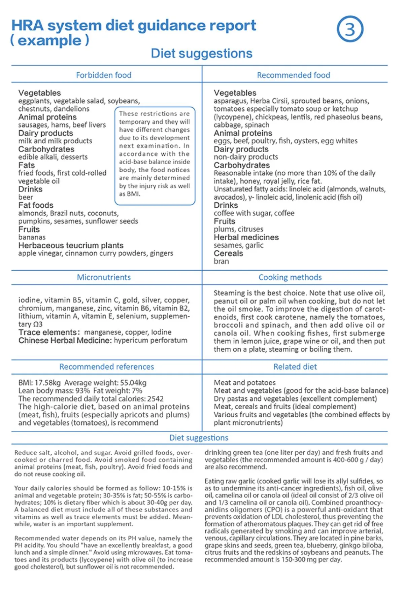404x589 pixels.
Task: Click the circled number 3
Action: coord(350,29)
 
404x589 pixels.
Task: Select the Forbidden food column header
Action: coord(104,75)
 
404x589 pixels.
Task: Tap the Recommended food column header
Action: coord(294,75)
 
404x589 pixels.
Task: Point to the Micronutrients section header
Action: coord(104,277)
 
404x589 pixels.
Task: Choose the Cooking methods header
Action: coord(290,277)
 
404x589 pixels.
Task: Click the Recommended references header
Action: coord(107,367)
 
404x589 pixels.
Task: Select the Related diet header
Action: coord(295,367)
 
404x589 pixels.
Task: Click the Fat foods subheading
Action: coord(36,205)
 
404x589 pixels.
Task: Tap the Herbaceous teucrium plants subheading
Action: coord(71,245)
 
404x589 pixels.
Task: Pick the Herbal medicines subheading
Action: coord(246,237)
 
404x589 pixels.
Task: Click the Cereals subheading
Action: coord(228,253)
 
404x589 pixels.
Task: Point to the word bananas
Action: coord(32,237)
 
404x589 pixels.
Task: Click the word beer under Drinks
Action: coord(26,197)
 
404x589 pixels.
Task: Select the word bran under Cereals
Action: coord(221,262)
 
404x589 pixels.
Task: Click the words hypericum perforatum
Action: coord(150,340)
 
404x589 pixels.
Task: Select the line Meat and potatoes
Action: coord(245,383)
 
